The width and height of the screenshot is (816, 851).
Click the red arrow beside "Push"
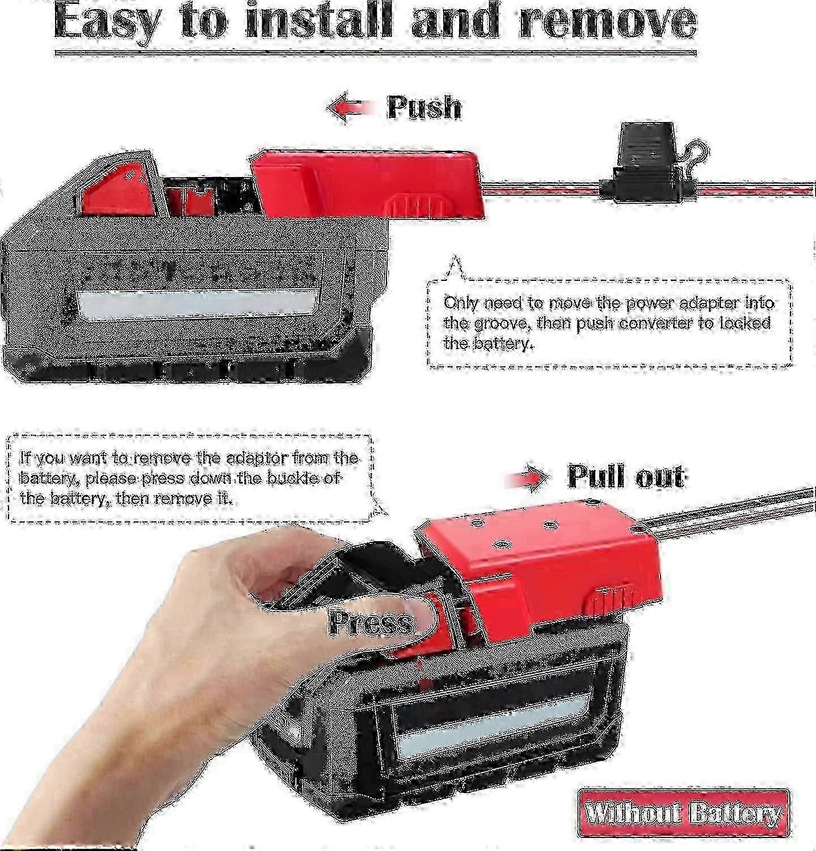point(352,107)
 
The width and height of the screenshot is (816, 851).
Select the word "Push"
point(423,107)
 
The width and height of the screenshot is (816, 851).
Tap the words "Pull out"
point(626,477)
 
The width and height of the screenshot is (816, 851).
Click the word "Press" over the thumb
point(371,622)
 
